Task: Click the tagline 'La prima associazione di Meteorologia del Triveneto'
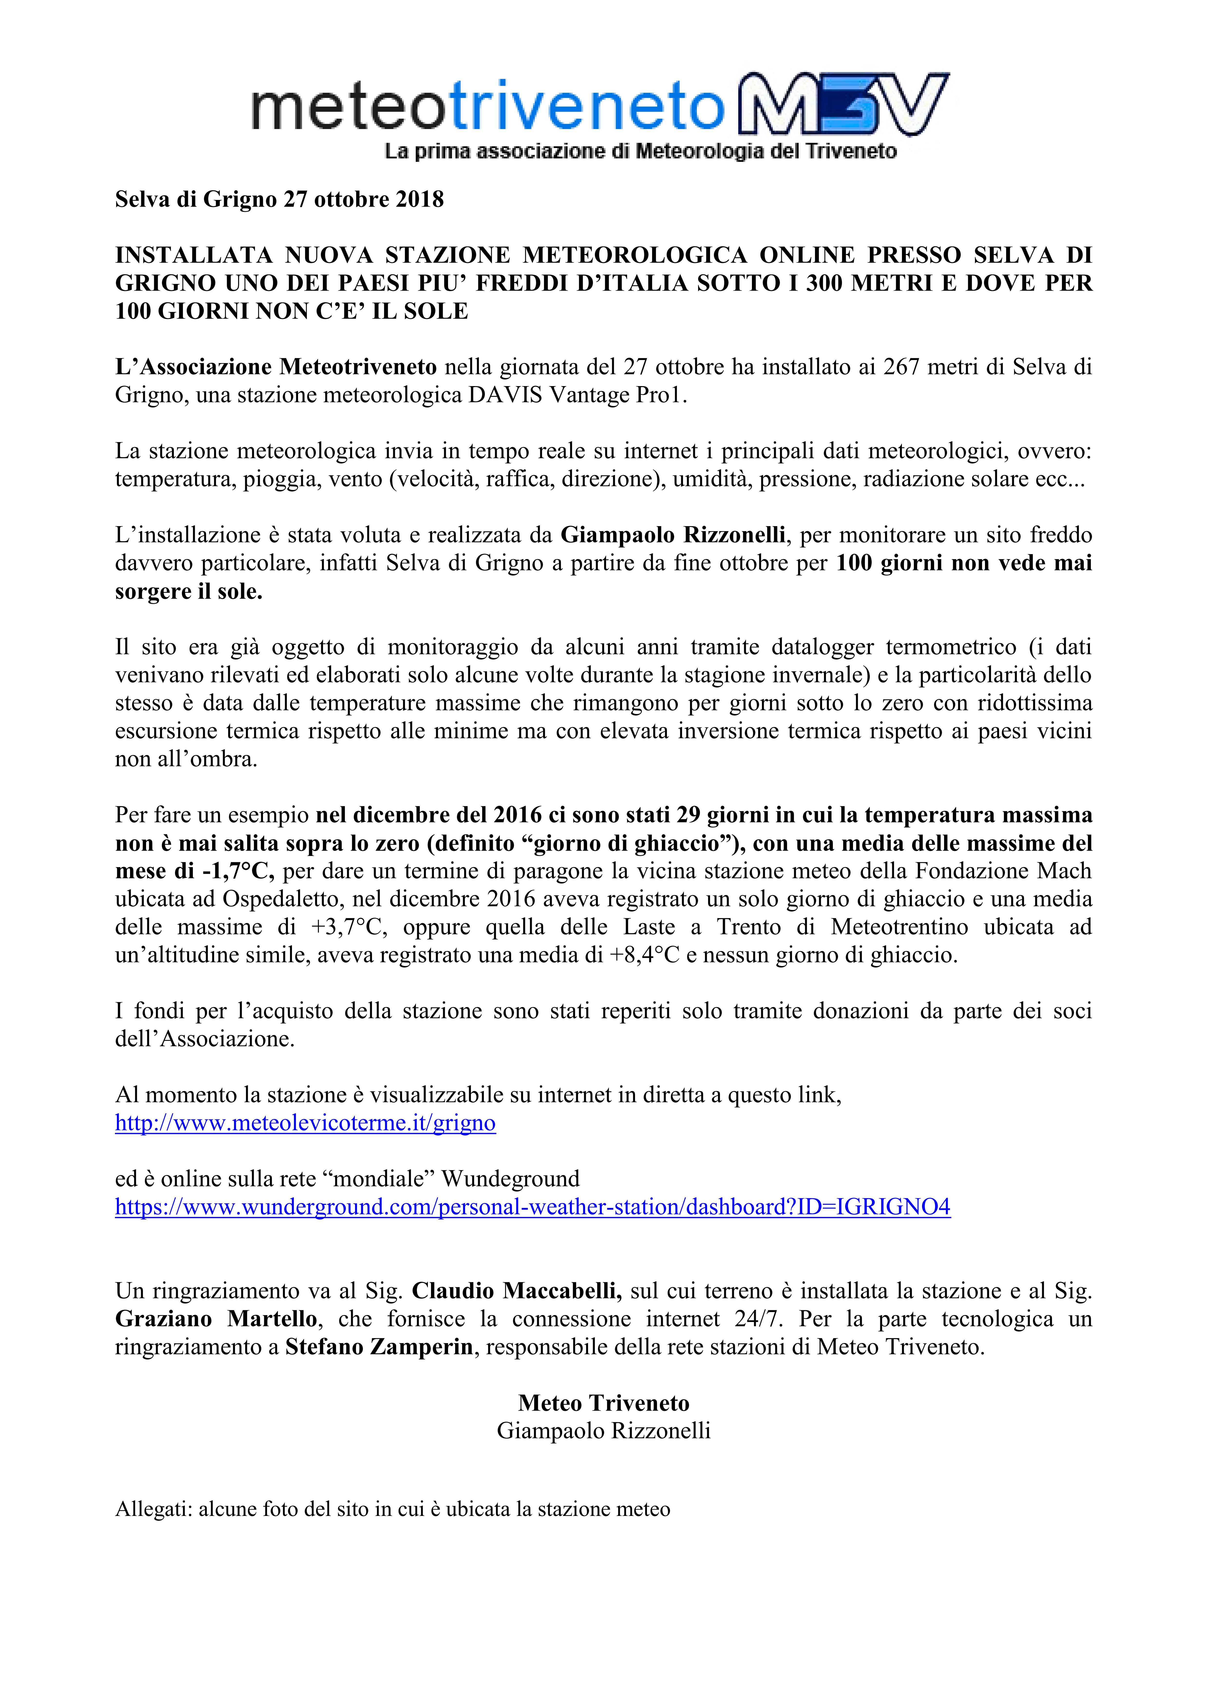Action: (640, 152)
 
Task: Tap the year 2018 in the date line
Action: (418, 199)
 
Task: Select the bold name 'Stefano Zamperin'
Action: (379, 1347)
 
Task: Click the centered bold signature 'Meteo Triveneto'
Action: (604, 1403)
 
